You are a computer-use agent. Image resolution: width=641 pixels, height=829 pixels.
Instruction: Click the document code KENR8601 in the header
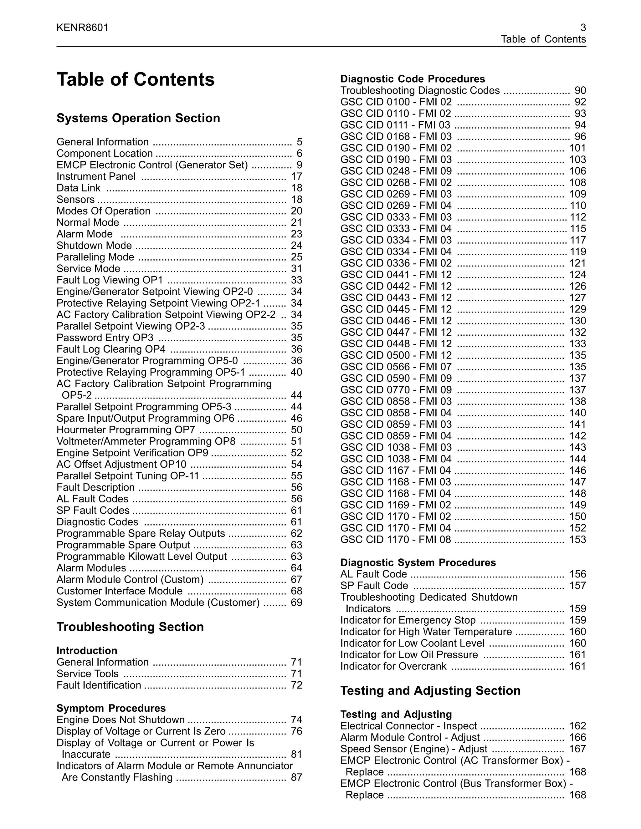[x=82, y=28]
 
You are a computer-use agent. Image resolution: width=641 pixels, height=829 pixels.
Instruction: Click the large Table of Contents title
[x=136, y=80]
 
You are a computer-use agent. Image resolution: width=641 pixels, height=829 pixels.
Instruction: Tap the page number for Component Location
[x=299, y=153]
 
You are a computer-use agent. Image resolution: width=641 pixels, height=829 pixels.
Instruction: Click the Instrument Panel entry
[x=96, y=176]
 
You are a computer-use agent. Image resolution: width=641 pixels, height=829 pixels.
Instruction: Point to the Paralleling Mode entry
[x=95, y=257]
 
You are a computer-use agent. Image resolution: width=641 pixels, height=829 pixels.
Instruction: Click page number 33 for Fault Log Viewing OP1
[x=296, y=280]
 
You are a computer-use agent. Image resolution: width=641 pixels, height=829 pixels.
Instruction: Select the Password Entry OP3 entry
[x=105, y=338]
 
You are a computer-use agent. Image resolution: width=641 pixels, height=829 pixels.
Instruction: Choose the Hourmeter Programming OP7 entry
[x=126, y=430]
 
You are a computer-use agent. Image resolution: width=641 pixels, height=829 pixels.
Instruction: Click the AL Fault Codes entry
[x=92, y=499]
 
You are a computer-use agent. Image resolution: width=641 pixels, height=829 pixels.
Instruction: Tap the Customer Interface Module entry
[x=119, y=591]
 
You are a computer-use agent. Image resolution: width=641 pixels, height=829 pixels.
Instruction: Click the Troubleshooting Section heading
[x=130, y=627]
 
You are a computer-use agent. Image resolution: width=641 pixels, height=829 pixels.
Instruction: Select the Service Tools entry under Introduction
[x=87, y=674]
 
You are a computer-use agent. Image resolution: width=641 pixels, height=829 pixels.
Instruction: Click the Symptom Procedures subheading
[x=111, y=708]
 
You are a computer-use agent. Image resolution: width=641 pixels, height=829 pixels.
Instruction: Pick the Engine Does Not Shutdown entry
[x=121, y=720]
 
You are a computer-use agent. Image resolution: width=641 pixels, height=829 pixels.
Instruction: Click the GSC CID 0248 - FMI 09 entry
[x=396, y=171]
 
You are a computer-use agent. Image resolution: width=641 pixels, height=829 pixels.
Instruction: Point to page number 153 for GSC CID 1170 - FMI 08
[x=577, y=539]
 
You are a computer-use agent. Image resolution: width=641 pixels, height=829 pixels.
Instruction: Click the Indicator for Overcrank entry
[x=393, y=666]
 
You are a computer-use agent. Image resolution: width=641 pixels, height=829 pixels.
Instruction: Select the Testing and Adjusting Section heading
[x=430, y=690]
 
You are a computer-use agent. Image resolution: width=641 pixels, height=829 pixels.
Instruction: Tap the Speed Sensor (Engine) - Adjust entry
[x=413, y=749]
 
